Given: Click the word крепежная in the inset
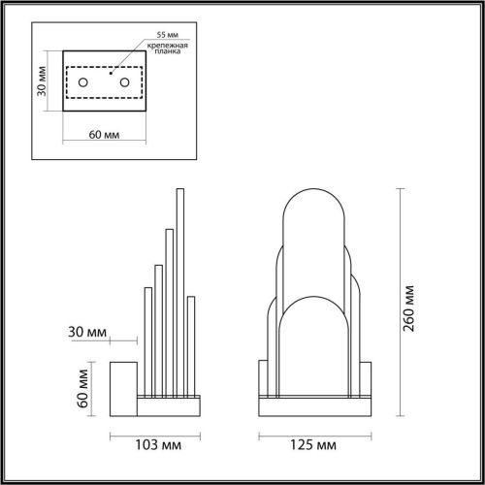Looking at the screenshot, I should pyautogui.click(x=166, y=46).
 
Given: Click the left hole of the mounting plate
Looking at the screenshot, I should pyautogui.click(x=84, y=82).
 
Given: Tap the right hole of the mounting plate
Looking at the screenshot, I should pyautogui.click(x=124, y=82).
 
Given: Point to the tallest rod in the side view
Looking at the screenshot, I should pyautogui.click(x=179, y=291).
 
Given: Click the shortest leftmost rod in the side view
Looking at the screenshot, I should pyautogui.click(x=146, y=339).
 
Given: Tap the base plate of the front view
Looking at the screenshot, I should pyautogui.click(x=314, y=400).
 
